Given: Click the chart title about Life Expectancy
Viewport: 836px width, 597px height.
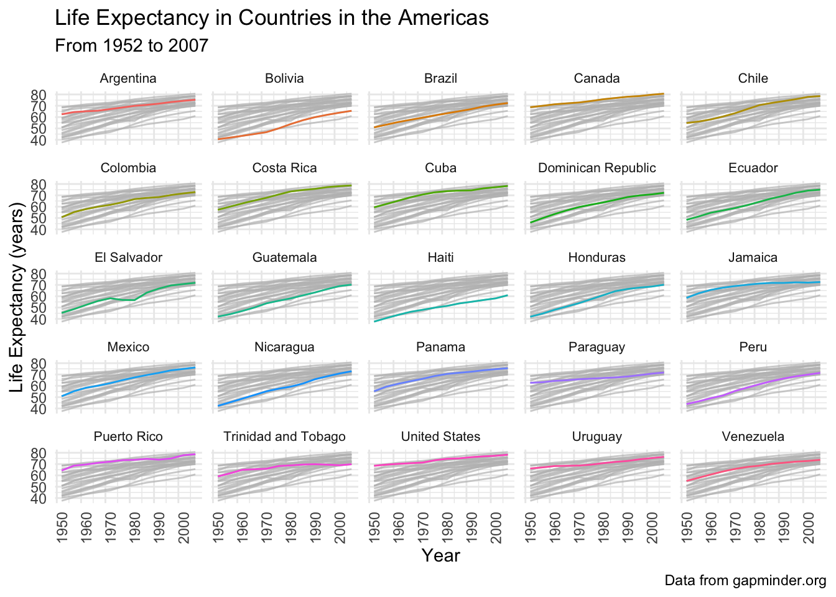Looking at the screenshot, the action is (272, 18).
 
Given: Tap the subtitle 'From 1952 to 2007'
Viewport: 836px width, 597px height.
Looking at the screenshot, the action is (131, 45).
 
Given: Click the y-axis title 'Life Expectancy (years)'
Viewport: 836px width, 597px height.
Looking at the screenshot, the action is (16, 297).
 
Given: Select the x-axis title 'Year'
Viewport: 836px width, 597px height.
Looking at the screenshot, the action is (440, 555).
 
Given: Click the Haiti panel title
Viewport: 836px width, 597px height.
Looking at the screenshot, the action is (440, 257).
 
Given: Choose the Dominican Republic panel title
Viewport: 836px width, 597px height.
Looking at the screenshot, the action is (597, 168).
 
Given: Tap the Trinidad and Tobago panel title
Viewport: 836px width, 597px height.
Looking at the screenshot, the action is (284, 437).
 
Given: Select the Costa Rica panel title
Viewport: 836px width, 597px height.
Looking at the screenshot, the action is (284, 168).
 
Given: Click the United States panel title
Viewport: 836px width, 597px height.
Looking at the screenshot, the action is (440, 437).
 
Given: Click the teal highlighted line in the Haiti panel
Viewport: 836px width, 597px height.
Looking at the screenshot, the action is (440, 308).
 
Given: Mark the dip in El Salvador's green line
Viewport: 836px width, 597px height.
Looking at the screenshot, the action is (134, 300).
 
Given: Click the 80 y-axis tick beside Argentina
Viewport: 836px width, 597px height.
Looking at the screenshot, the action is (39, 95).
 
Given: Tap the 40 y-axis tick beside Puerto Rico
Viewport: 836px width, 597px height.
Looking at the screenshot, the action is (39, 499).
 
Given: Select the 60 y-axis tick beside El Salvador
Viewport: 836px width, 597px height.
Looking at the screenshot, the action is (39, 297).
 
